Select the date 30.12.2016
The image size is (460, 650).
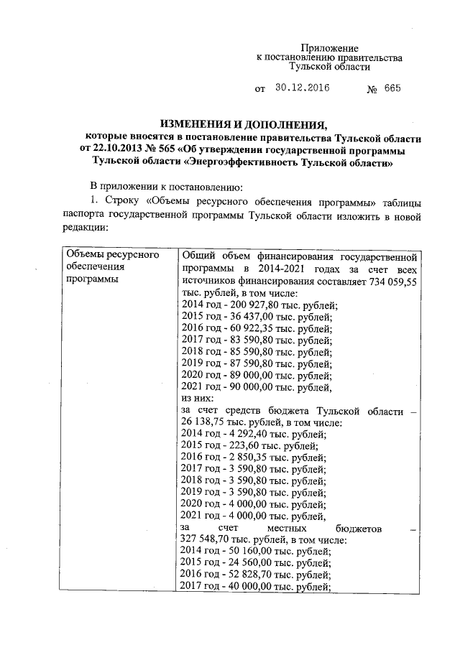[x=301, y=89]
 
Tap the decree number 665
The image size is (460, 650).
[x=392, y=89]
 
